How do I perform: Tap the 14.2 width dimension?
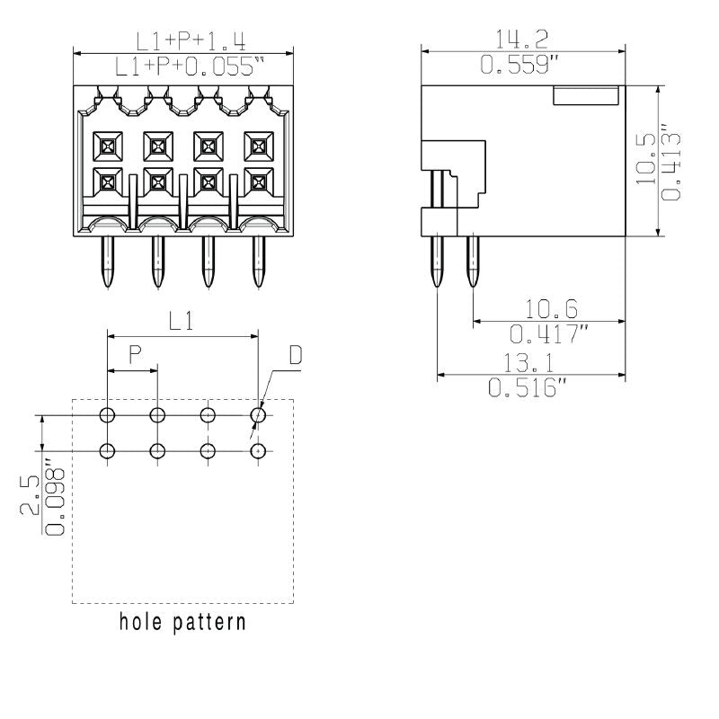(523, 39)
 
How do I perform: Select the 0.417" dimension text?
(551, 334)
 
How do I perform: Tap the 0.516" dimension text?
(528, 388)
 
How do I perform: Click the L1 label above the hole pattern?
(182, 322)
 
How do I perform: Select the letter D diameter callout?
(295, 356)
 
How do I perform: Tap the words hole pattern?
(182, 621)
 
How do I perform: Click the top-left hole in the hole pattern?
(108, 415)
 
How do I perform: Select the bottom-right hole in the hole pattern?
(258, 450)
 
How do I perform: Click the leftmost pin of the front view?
(108, 262)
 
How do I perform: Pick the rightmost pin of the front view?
(258, 262)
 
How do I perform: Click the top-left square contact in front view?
(108, 143)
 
